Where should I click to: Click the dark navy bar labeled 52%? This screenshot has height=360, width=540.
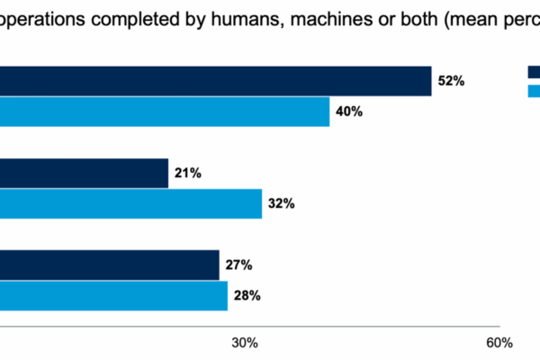[216, 81]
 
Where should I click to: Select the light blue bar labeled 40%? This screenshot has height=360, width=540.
[165, 112]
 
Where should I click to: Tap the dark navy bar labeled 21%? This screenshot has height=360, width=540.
[84, 173]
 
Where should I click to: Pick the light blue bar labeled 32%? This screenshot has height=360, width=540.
[130, 203]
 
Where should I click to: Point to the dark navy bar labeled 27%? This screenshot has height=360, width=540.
[109, 265]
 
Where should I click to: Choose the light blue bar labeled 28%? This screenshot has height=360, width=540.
[113, 294]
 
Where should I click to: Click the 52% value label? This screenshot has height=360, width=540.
[450, 81]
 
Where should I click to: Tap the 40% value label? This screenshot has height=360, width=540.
[348, 112]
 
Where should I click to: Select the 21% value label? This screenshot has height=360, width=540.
[187, 173]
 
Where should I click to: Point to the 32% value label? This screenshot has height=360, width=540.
[281, 203]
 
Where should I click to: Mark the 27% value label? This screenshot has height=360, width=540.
[238, 265]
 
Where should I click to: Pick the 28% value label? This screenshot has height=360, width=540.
[247, 294]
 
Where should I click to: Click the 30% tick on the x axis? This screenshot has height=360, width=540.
[245, 343]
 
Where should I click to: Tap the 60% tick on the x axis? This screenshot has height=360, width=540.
[499, 343]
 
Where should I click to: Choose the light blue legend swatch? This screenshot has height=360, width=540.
[534, 90]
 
